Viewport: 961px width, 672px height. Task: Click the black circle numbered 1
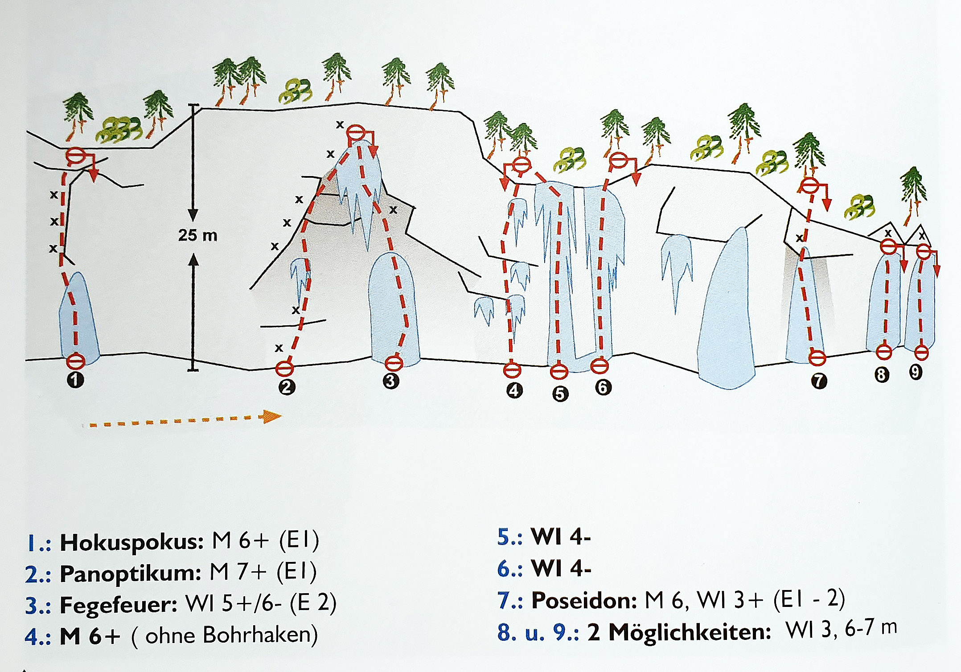[75, 380]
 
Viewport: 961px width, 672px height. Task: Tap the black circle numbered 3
[390, 381]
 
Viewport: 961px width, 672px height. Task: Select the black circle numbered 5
[560, 393]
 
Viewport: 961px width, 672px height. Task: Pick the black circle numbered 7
[819, 381]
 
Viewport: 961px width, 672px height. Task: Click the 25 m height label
[197, 235]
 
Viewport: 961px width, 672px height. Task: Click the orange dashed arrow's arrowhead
[272, 417]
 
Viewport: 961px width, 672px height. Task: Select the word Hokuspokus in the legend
[132, 542]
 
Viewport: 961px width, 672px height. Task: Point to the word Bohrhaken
[260, 635]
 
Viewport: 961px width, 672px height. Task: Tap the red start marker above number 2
[284, 369]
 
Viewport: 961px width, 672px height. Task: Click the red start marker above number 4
[512, 369]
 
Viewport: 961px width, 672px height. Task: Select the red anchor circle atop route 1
[75, 156]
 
